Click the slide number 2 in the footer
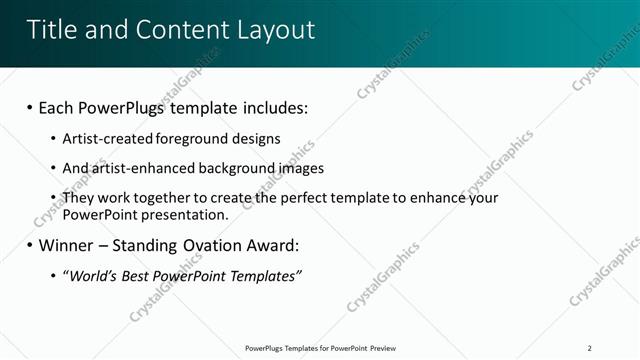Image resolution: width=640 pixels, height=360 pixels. click(x=590, y=348)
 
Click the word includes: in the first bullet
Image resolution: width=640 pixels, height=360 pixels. click(x=270, y=107)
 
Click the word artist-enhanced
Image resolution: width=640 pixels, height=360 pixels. click(x=139, y=168)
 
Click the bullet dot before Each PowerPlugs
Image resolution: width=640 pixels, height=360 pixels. click(x=30, y=107)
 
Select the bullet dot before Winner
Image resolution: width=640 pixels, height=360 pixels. click(x=30, y=245)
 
